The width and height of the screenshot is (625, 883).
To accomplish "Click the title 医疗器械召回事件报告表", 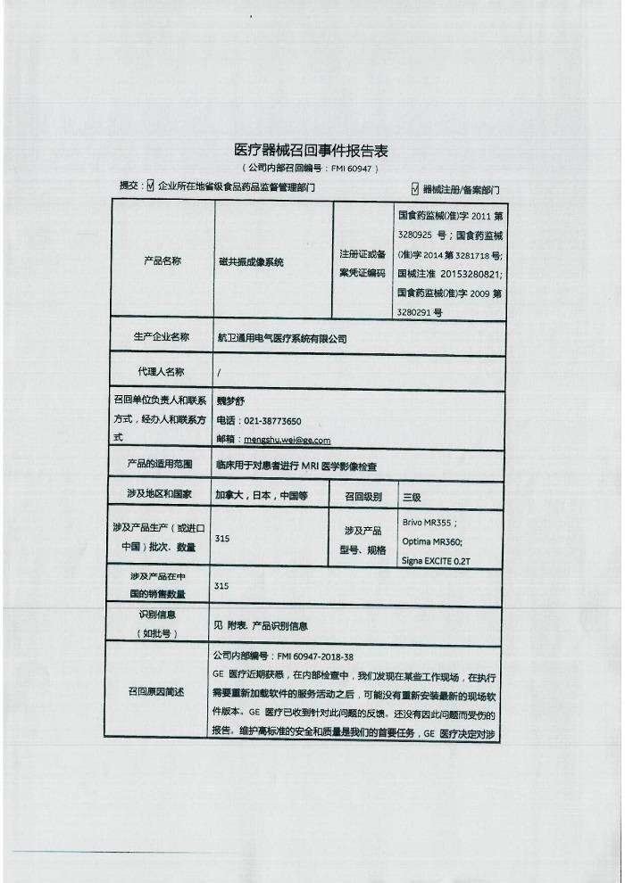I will coord(311,150).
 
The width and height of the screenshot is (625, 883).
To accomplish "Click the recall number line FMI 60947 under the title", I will coord(311,168).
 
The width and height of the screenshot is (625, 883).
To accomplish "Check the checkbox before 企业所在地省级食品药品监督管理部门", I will coord(150,187).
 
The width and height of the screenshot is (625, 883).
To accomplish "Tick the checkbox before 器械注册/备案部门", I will coord(415,188).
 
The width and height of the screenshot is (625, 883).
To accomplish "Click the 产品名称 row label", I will coord(162,261).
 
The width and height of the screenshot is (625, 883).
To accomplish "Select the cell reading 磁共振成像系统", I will coord(251,263).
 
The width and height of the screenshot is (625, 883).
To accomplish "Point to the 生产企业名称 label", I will coord(162,337).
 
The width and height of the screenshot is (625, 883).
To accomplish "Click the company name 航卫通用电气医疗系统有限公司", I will coord(282,338).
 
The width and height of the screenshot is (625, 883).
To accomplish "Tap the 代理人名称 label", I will coord(162,371).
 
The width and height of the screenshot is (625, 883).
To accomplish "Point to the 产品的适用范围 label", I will coord(162,465).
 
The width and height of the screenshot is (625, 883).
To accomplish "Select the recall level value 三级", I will coord(412,496).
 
